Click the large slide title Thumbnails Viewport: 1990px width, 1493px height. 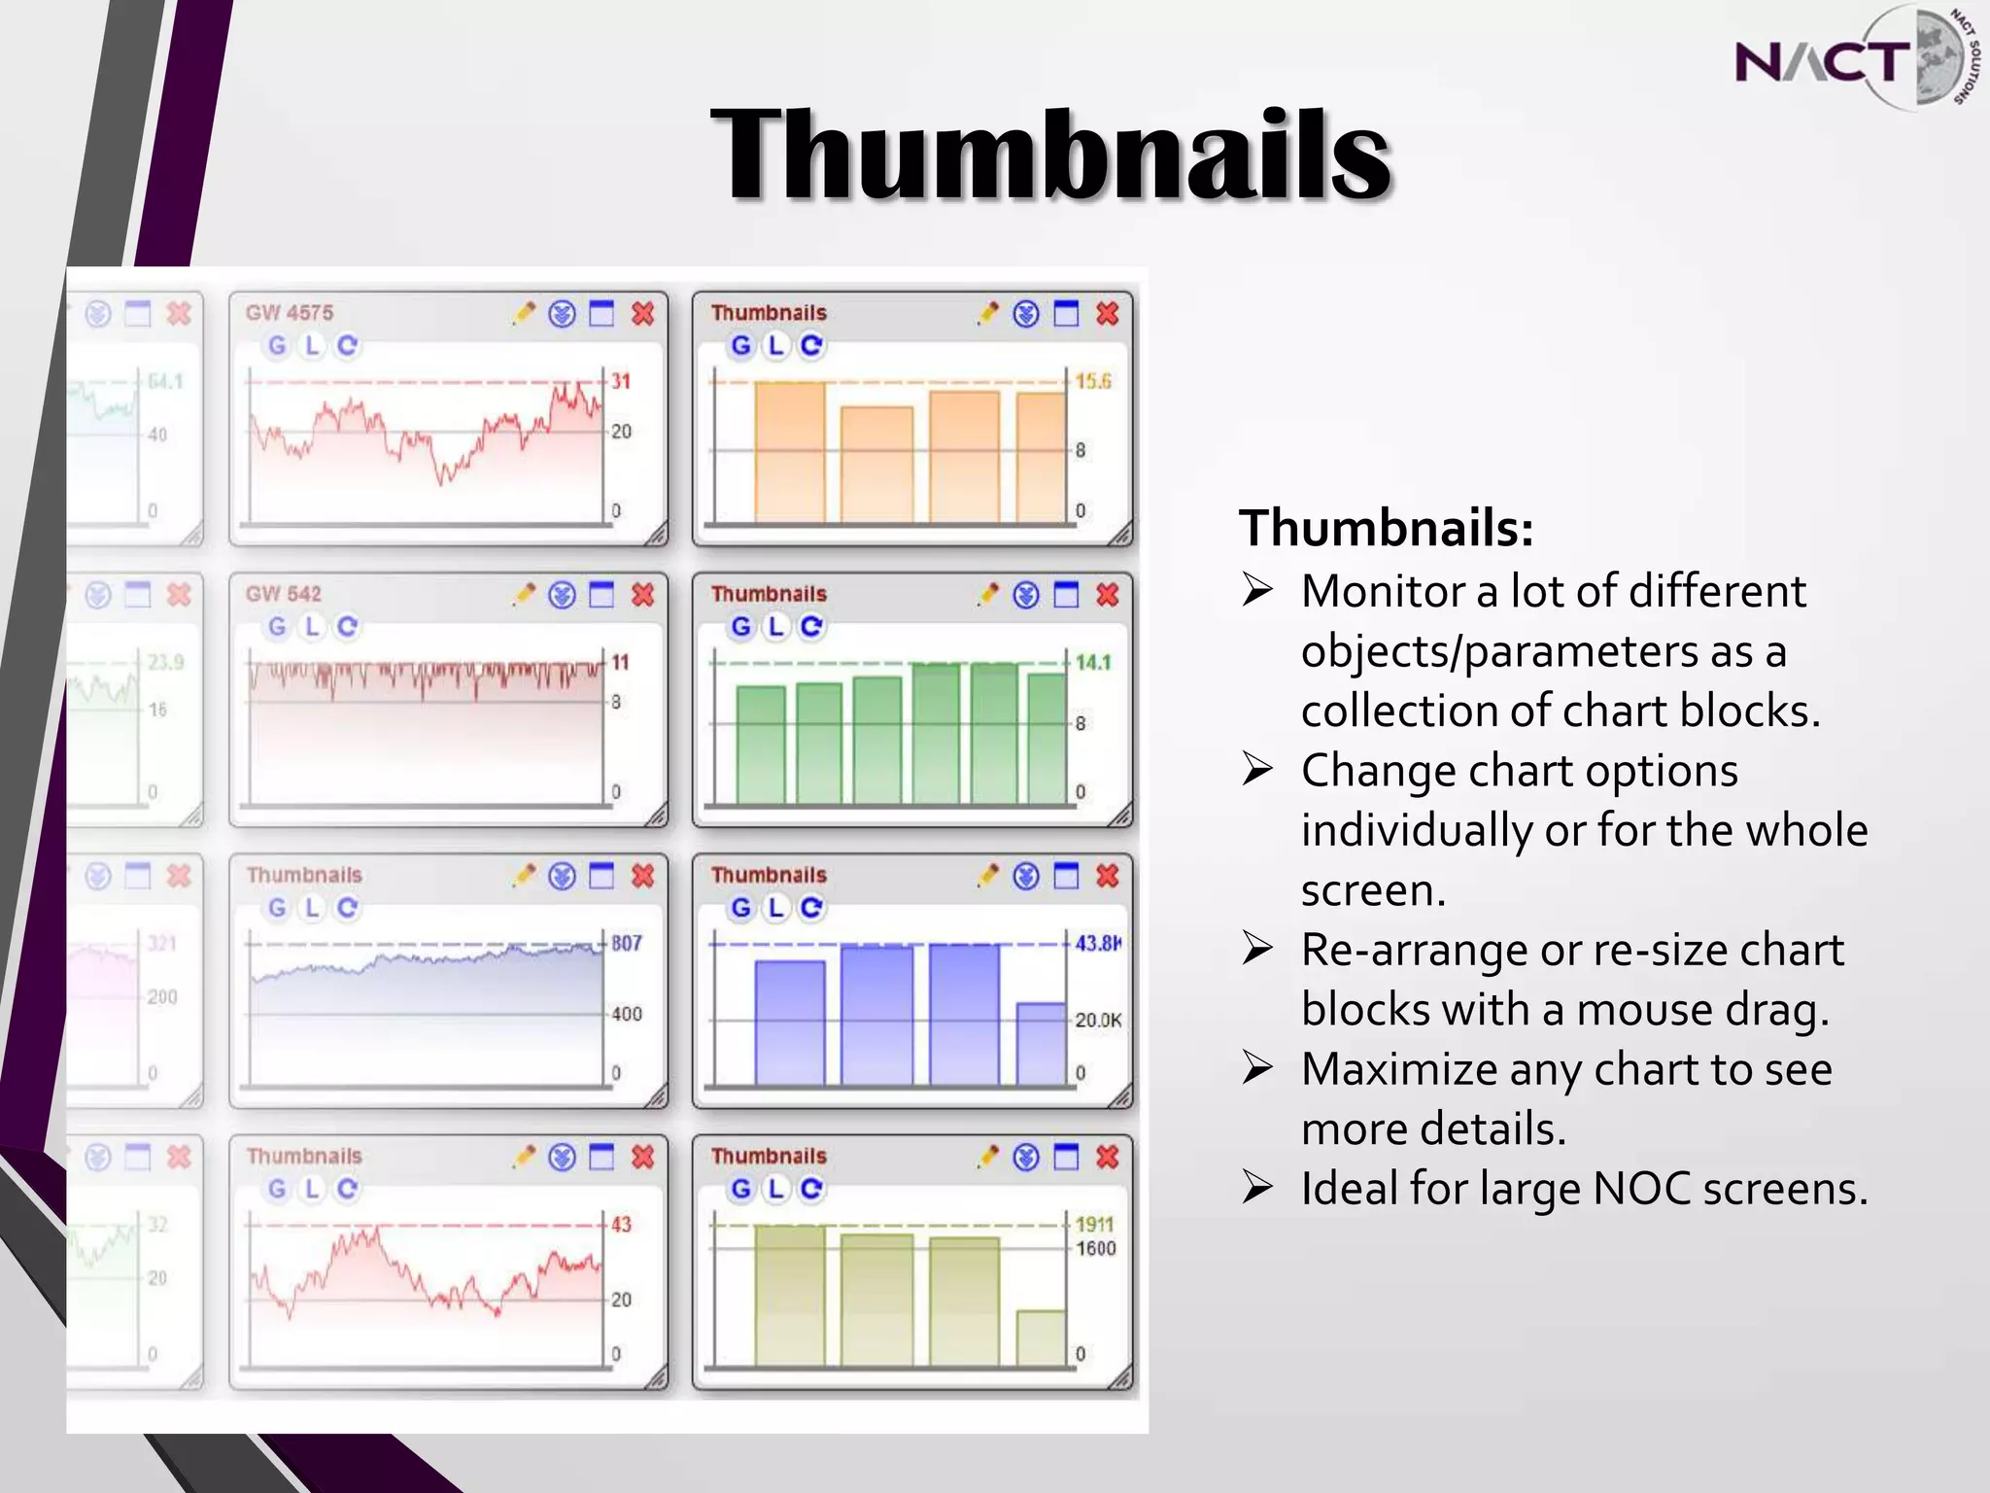pyautogui.click(x=1051, y=156)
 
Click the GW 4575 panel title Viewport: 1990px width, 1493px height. pyautogui.click(x=290, y=313)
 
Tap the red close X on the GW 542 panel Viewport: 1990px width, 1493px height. pyautogui.click(x=642, y=595)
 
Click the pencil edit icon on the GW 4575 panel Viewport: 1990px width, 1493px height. pyautogui.click(x=524, y=313)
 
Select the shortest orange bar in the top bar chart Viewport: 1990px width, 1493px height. pyautogui.click(x=876, y=465)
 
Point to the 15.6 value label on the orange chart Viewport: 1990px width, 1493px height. pyautogui.click(x=1093, y=381)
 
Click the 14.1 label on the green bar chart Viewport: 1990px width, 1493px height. pyautogui.click(x=1093, y=662)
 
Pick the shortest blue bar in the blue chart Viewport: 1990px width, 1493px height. pyautogui.click(x=1041, y=1044)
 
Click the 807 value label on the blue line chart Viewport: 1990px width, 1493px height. pyautogui.click(x=627, y=943)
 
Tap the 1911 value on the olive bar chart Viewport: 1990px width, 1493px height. pyautogui.click(x=1094, y=1224)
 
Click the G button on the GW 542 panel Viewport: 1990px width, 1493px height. pyautogui.click(x=277, y=627)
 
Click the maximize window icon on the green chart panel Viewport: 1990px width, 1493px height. pyautogui.click(x=1067, y=595)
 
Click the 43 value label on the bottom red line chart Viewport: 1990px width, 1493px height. pyautogui.click(x=621, y=1224)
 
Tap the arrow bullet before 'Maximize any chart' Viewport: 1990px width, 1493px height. pyautogui.click(x=1257, y=1069)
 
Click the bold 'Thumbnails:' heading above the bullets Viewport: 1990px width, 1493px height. pyautogui.click(x=1386, y=528)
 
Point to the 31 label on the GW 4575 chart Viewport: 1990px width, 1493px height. pyautogui.click(x=621, y=381)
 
